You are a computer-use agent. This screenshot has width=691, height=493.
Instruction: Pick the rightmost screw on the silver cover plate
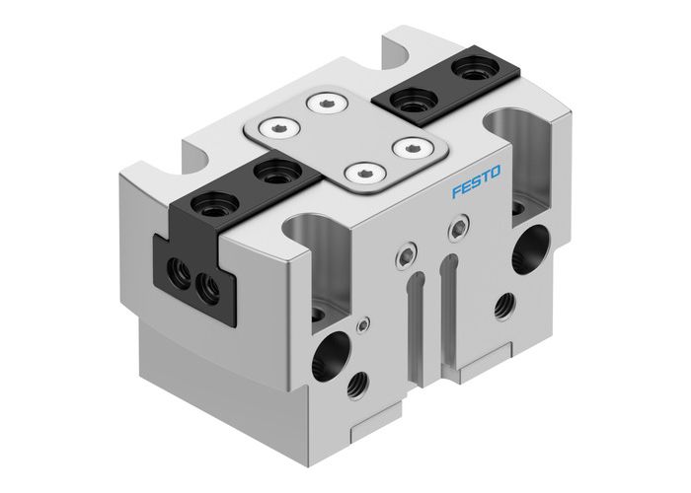406,146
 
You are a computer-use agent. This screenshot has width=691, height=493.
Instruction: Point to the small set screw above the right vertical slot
454,231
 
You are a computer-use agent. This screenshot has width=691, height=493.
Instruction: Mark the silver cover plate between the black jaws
341,138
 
